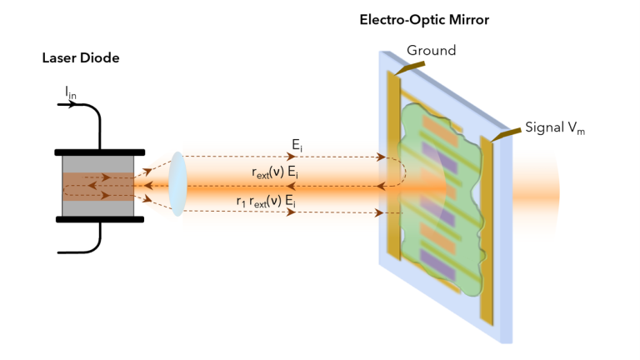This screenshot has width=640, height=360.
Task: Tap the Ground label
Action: pos(431,51)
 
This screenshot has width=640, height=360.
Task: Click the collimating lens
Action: pos(177,184)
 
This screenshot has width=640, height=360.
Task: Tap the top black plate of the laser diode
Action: pos(100,152)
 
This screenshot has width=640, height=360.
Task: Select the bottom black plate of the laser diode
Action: pos(100,220)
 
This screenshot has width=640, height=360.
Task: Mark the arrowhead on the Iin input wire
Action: pos(63,105)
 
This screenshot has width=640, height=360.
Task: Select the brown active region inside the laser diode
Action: pos(98,186)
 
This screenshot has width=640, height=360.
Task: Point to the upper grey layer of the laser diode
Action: pos(98,163)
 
